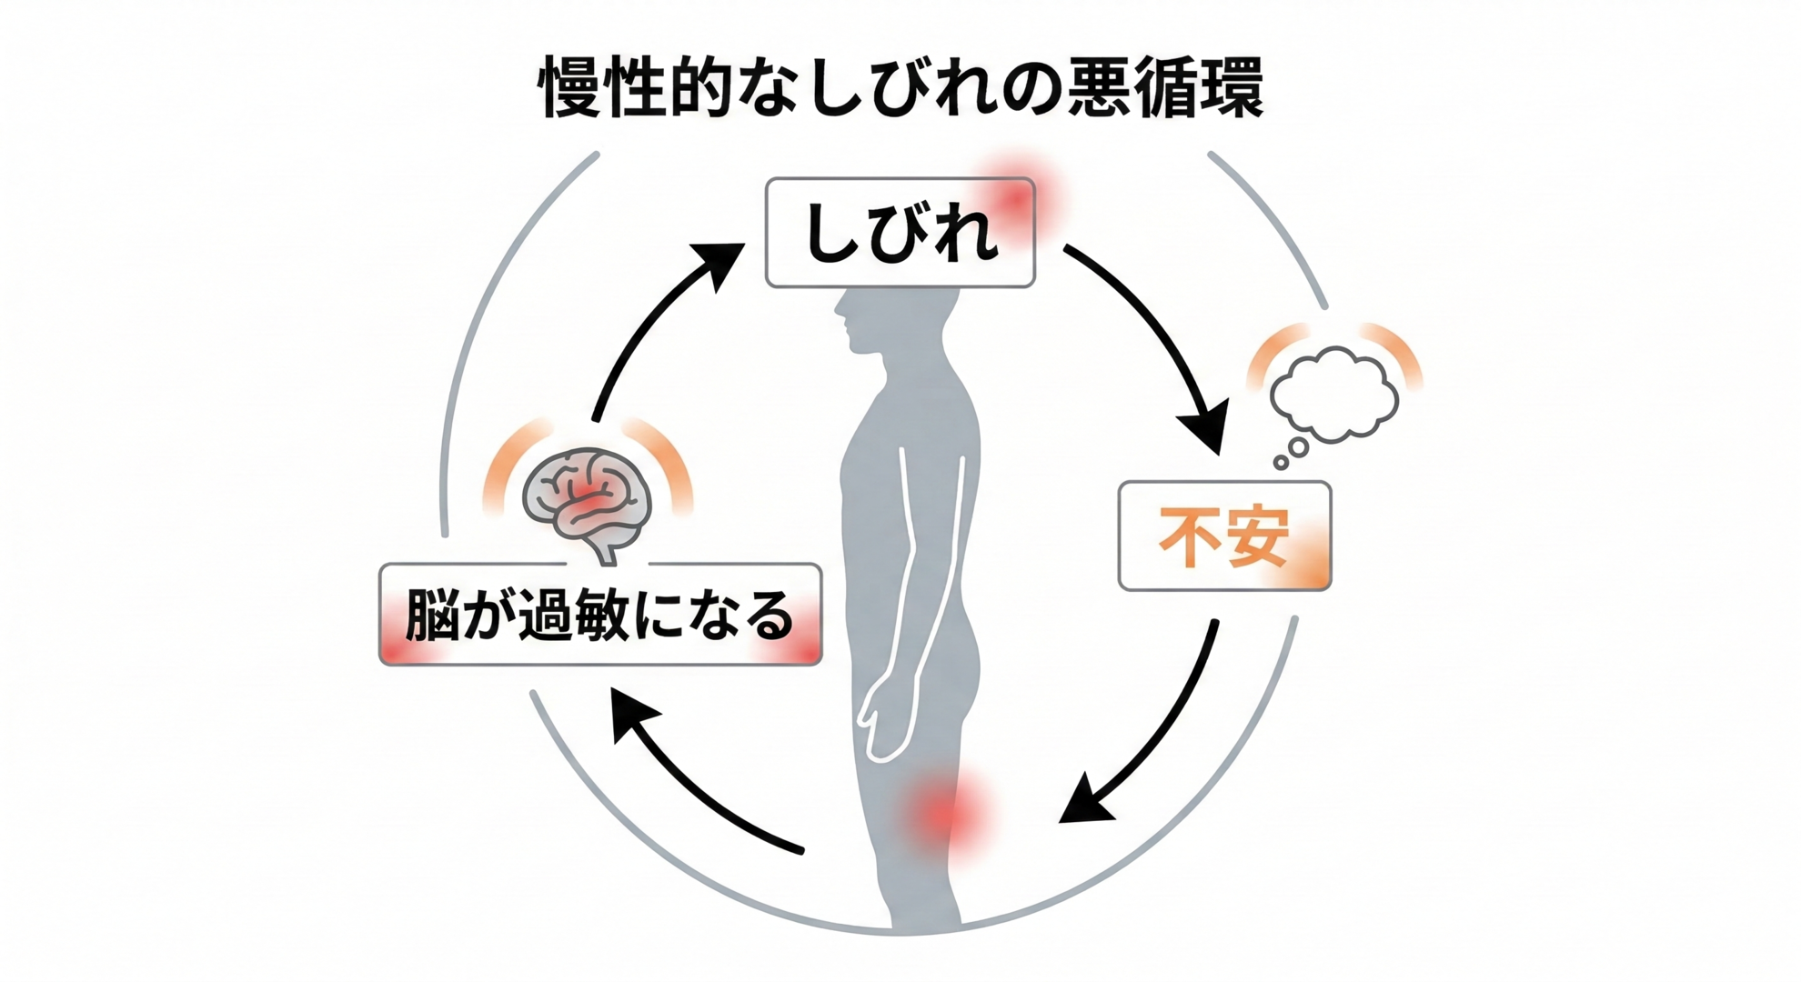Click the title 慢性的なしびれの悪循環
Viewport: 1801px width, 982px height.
pos(900,88)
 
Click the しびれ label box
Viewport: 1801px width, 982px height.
pos(900,233)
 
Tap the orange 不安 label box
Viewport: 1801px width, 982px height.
pos(1224,536)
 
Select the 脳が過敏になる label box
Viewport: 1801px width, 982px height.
pos(600,615)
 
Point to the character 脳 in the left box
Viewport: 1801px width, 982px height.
pos(430,616)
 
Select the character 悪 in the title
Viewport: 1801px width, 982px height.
pos(1096,88)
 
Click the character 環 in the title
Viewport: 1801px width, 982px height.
pos(1228,88)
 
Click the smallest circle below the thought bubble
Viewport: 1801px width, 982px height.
pos(1281,463)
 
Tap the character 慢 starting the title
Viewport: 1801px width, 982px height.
pos(571,88)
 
